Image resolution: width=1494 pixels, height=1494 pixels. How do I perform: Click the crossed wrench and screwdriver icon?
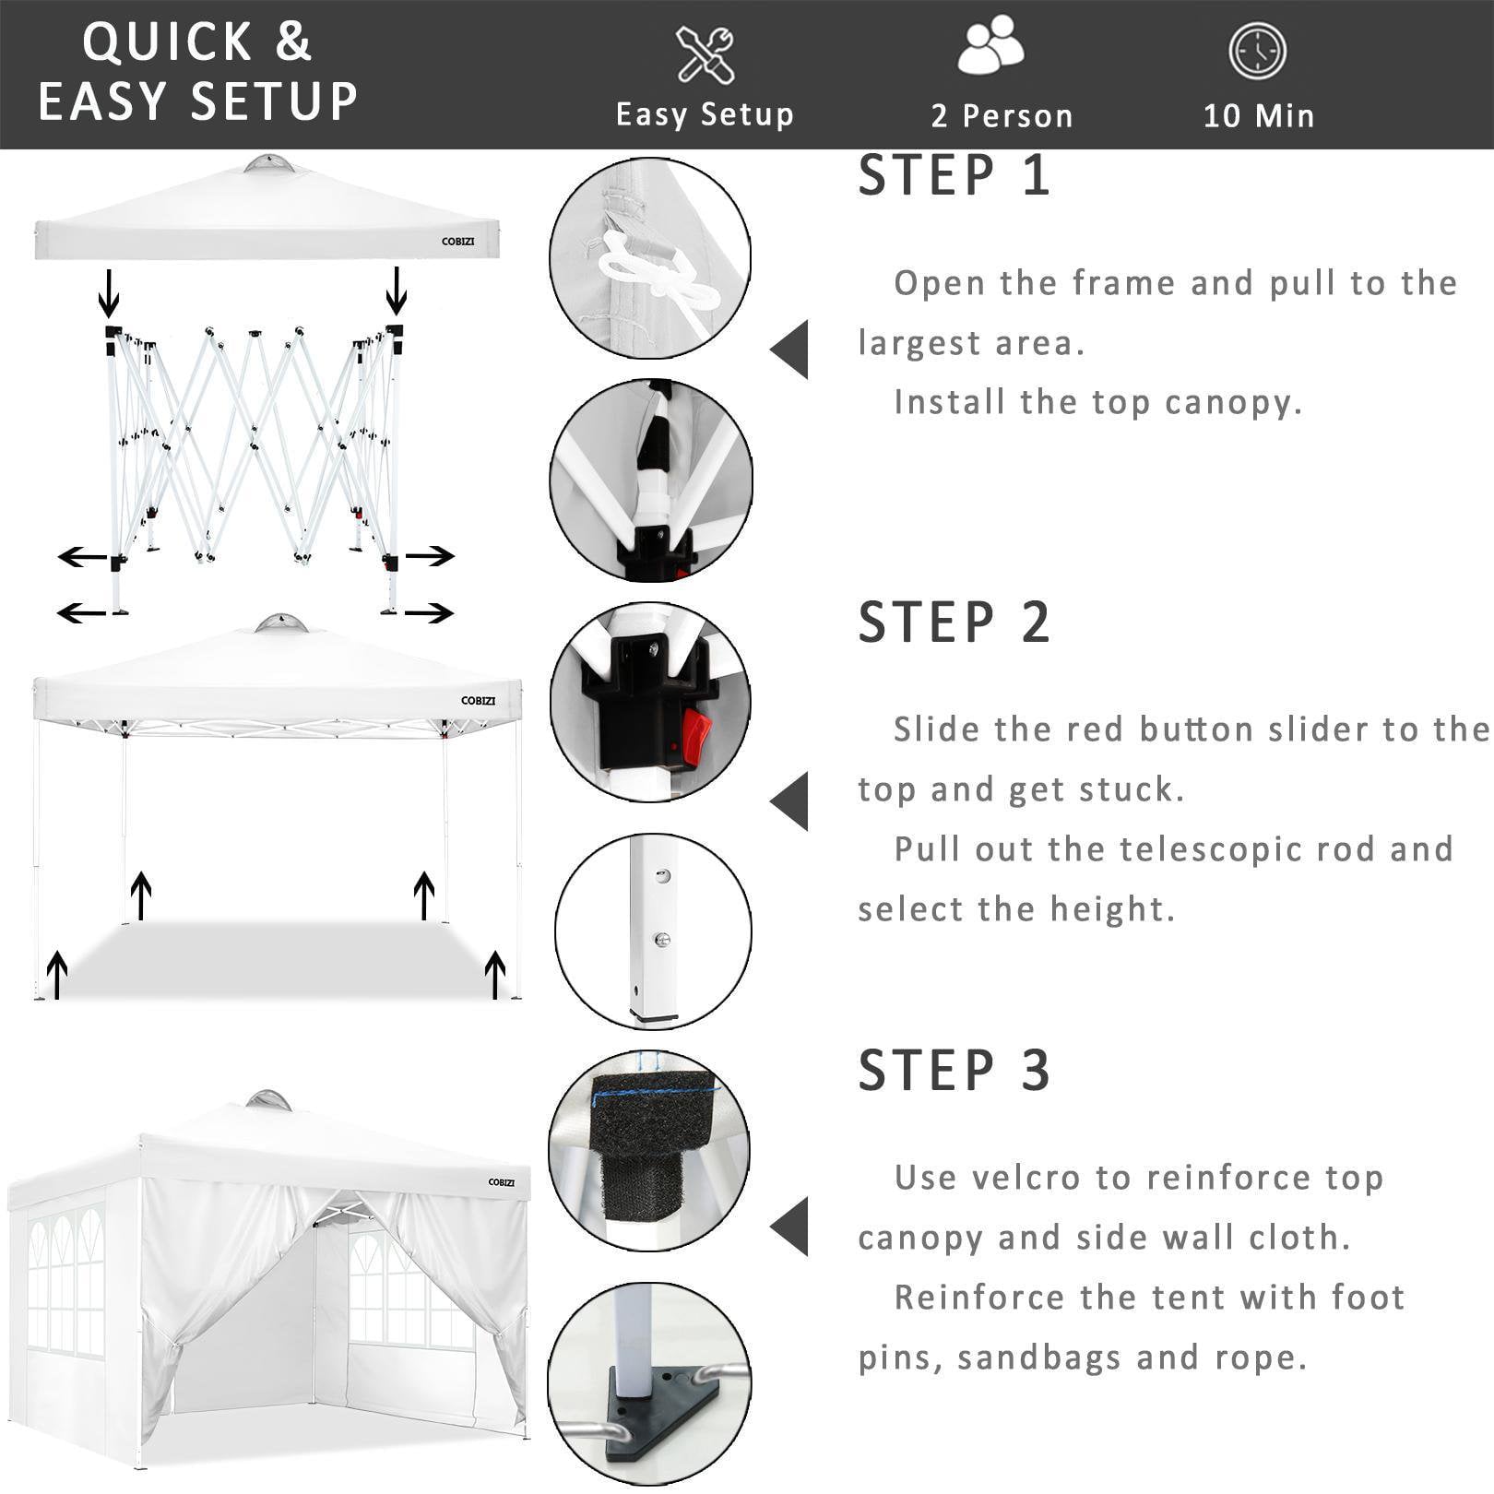click(x=705, y=54)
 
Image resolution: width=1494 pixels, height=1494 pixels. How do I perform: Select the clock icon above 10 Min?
click(x=1257, y=52)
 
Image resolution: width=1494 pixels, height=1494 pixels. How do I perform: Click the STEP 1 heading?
click(x=954, y=176)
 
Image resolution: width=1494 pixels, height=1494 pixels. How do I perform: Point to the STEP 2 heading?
click(x=954, y=622)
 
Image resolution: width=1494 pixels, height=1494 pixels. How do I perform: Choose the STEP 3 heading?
click(x=954, y=1071)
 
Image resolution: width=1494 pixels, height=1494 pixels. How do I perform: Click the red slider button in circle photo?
click(x=696, y=738)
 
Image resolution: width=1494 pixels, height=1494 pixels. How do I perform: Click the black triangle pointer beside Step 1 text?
click(x=791, y=350)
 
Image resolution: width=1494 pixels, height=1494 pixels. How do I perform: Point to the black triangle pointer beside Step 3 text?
click(x=791, y=1227)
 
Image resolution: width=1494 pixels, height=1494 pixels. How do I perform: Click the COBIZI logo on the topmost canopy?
click(x=457, y=242)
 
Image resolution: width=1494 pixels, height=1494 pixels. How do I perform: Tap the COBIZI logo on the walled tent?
click(x=502, y=1182)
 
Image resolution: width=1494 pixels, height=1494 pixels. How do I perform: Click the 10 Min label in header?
click(x=1259, y=116)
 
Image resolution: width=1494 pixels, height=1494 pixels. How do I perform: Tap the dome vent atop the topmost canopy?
click(x=270, y=165)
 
